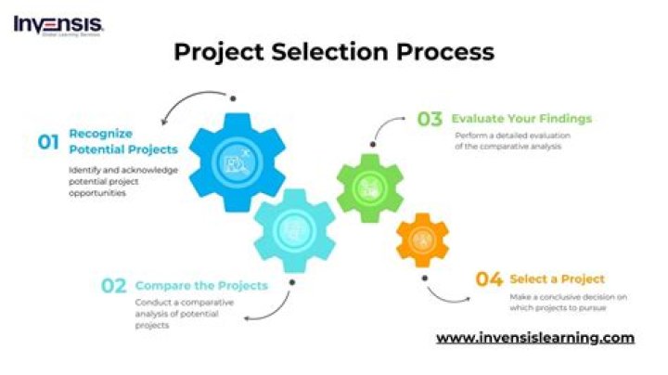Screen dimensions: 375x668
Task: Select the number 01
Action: (x=48, y=142)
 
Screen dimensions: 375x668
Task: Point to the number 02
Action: (x=113, y=286)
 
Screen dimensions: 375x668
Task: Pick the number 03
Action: (x=430, y=119)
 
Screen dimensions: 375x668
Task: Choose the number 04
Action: (x=489, y=278)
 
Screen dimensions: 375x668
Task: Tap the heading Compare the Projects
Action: (x=201, y=285)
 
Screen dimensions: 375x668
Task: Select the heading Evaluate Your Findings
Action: (x=521, y=119)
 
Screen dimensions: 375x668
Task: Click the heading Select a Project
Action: (x=558, y=278)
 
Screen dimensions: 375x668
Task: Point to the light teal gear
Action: (x=293, y=230)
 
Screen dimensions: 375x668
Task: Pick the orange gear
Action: (x=422, y=240)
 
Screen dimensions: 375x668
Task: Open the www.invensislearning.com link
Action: (x=534, y=337)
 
